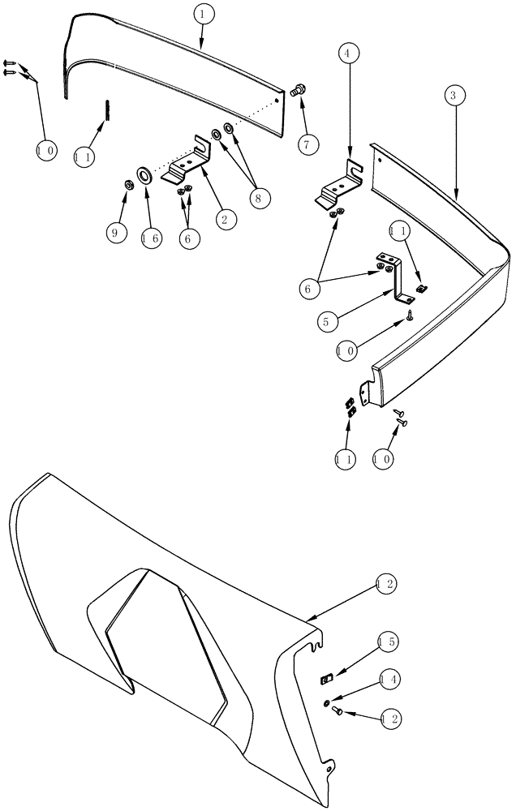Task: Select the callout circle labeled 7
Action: pyautogui.click(x=306, y=146)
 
